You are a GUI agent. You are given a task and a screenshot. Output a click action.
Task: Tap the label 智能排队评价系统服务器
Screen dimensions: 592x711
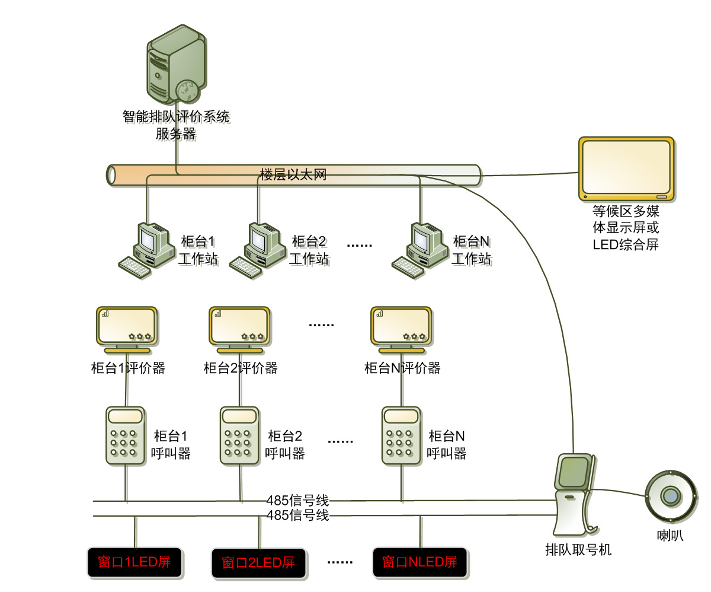tap(176, 125)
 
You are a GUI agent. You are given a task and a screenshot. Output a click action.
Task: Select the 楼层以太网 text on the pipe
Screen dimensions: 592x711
tap(293, 175)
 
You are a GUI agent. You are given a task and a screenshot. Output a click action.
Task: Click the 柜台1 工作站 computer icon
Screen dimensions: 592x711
tap(142, 250)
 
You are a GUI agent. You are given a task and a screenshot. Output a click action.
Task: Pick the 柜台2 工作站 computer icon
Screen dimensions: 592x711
tap(254, 250)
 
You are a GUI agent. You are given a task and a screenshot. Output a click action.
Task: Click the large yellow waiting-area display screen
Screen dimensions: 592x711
tap(626, 169)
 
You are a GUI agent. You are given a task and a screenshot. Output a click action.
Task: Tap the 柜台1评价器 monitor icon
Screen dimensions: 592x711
tap(126, 327)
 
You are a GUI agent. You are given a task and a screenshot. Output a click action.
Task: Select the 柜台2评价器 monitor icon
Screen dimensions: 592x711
tap(239, 327)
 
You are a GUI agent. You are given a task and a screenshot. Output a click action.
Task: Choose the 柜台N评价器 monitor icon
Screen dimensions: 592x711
tap(401, 327)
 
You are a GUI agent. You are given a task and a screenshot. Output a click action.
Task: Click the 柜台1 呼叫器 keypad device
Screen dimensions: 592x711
tap(125, 435)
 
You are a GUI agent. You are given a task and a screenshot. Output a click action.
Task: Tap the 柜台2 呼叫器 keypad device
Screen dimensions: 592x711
tap(239, 435)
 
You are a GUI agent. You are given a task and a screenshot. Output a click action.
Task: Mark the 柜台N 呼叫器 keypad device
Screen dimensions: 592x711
tap(401, 435)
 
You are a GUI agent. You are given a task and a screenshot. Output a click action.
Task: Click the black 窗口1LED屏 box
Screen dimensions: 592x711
tap(134, 562)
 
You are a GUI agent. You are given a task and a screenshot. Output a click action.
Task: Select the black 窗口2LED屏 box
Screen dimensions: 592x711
tap(258, 562)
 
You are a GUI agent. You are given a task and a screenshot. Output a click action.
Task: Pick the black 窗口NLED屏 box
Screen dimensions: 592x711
tap(419, 562)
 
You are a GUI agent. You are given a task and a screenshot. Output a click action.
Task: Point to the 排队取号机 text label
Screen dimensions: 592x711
tap(578, 550)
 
